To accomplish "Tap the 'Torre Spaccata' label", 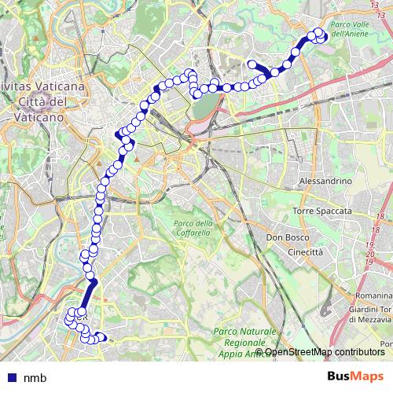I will [x=324, y=212].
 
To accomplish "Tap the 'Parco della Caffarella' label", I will [x=193, y=229].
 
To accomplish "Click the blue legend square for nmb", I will [x=11, y=378].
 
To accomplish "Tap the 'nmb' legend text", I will [x=35, y=378].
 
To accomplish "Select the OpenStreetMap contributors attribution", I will [x=324, y=352].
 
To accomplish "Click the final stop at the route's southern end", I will [x=100, y=339].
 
